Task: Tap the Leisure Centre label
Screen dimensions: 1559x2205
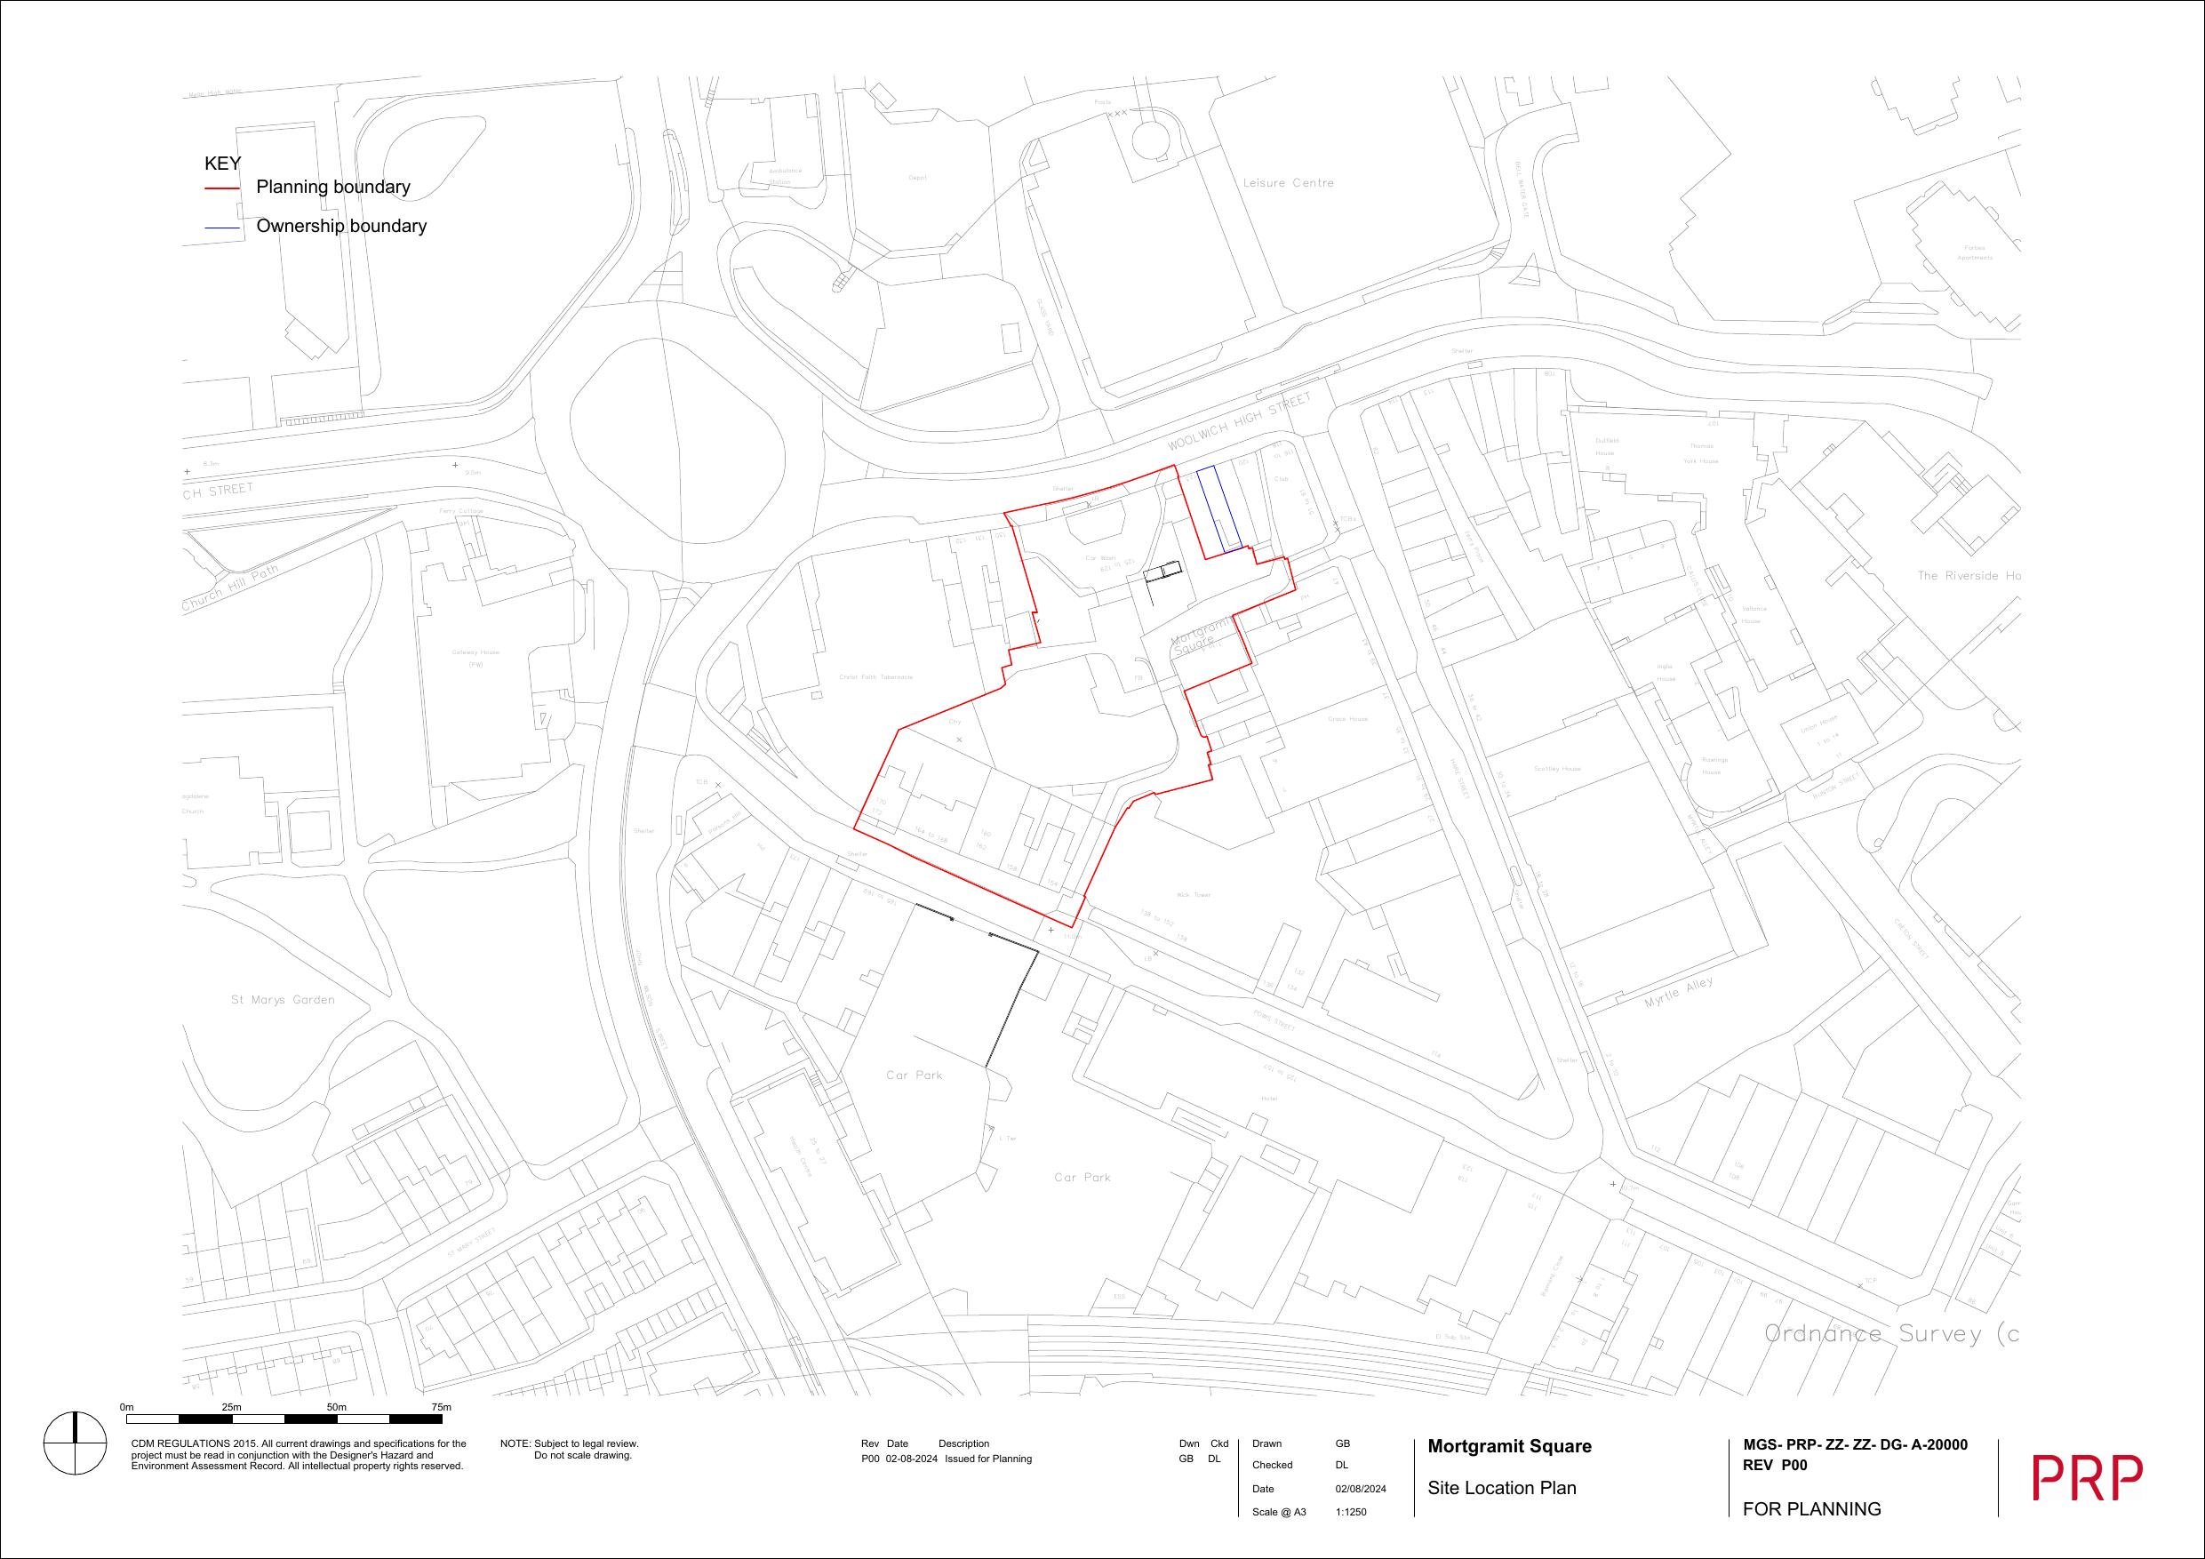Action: tap(1288, 183)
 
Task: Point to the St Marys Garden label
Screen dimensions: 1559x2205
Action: tap(284, 1000)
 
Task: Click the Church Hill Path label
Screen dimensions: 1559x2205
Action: tap(230, 588)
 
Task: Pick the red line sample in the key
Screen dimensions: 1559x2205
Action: tap(222, 189)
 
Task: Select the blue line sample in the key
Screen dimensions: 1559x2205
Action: tap(222, 228)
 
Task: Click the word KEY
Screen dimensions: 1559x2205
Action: tap(223, 164)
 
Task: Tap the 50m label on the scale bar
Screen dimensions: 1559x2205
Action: tap(336, 1407)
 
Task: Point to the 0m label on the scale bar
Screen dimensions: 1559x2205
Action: tap(127, 1407)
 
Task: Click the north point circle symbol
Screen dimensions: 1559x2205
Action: tap(75, 1443)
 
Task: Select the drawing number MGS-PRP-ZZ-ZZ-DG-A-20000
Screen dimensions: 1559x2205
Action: tap(1855, 1444)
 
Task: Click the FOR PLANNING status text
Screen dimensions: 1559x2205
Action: tap(1811, 1509)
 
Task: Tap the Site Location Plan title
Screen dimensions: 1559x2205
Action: tap(1502, 1488)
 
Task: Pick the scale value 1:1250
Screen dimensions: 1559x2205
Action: tap(1350, 1512)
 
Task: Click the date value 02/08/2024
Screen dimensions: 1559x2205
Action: tap(1361, 1489)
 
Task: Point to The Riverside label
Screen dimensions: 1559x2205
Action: tap(1969, 575)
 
